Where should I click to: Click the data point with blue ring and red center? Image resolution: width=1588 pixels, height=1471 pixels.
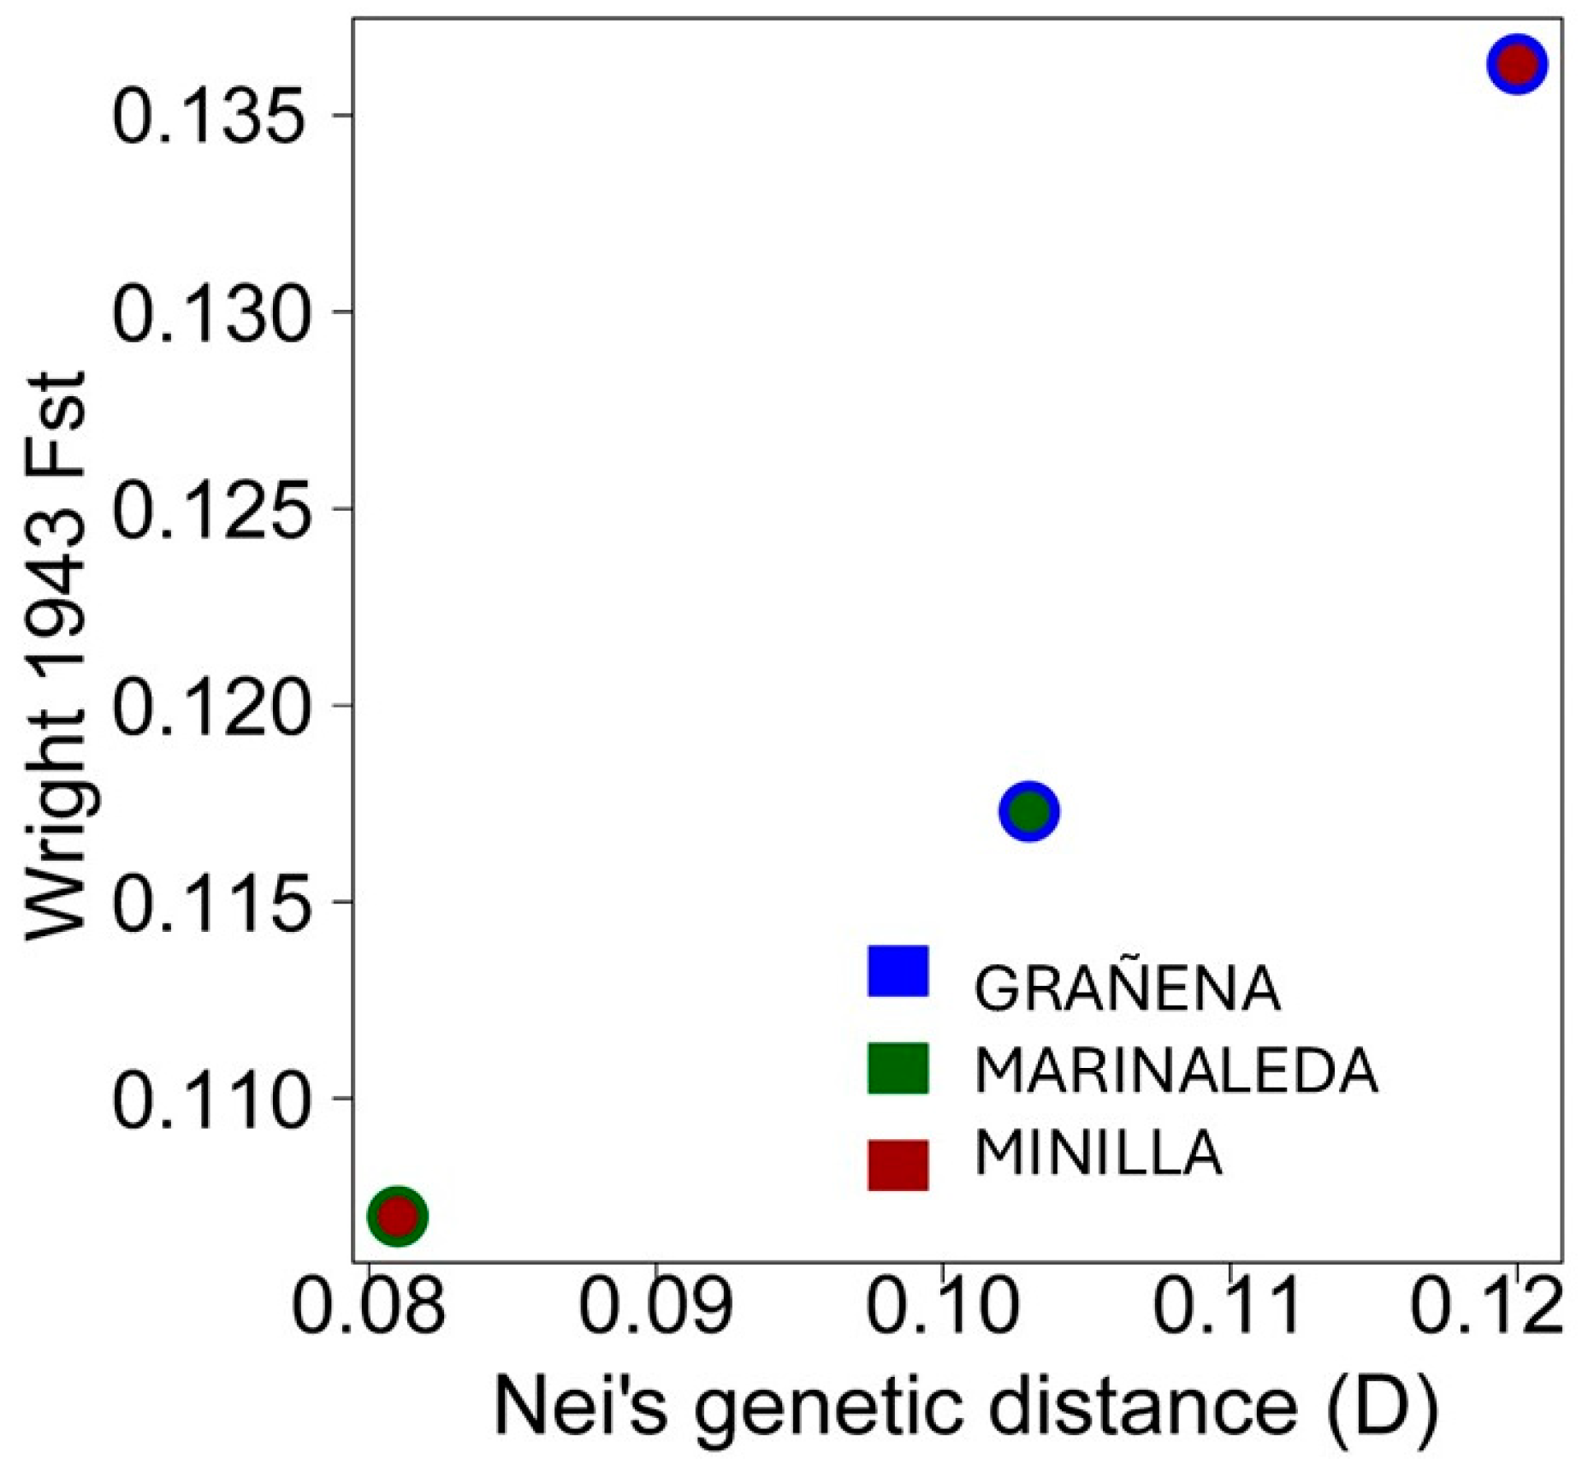[1517, 64]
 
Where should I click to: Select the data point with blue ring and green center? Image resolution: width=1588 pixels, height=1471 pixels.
[1029, 811]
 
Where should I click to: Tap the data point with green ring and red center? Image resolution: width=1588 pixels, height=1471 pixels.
[397, 1215]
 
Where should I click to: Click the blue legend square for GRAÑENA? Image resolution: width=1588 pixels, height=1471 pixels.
[898, 970]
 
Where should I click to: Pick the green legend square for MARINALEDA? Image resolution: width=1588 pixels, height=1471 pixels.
[898, 1068]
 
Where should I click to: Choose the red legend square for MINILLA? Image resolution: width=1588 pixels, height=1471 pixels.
[898, 1165]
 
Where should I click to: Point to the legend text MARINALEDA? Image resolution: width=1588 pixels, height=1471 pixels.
[1176, 1071]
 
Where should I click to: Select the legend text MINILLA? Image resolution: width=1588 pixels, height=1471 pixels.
[1098, 1153]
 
